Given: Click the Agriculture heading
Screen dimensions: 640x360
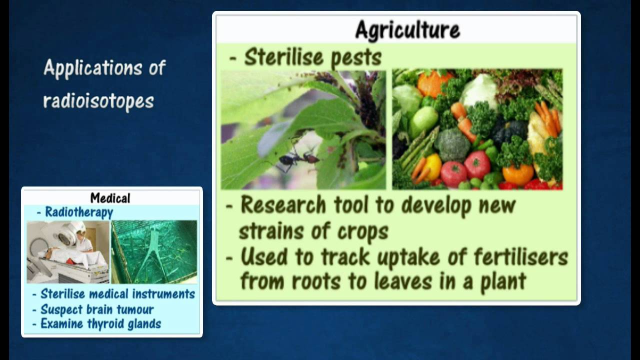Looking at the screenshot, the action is coord(407,29).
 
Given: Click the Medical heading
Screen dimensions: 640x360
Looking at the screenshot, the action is coord(110,198).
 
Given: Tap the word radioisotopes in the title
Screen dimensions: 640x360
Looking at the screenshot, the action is coord(98,101).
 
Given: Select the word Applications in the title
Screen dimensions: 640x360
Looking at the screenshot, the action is coord(92,68).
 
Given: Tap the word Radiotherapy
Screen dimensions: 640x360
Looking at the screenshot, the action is coord(79,212).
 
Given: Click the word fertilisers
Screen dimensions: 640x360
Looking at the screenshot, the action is coord(520,257).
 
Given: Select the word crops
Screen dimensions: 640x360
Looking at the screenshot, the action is coord(363,231).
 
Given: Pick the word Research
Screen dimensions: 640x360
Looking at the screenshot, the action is coord(283,204).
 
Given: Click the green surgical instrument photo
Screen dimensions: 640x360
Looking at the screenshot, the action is coord(154,252).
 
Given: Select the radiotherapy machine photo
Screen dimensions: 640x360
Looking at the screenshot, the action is coord(68,252).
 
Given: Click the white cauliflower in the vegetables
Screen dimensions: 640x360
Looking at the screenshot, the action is coord(479,89).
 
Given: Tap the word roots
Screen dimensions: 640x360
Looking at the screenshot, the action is coord(316,281).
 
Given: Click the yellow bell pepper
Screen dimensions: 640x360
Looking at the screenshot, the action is coord(433,166).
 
